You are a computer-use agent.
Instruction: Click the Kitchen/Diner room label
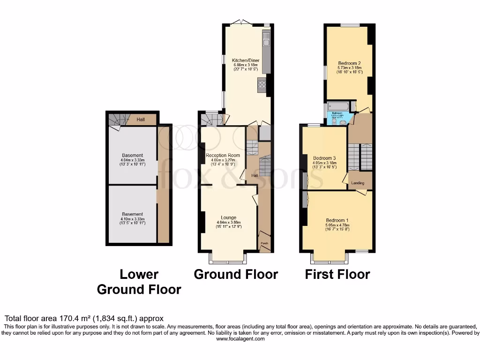coord(246,60)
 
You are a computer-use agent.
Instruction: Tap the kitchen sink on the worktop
coord(266,42)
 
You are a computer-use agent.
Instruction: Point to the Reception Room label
coord(223,155)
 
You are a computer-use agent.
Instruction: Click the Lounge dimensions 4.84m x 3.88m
coord(228,222)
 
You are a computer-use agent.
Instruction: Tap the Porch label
coord(264,243)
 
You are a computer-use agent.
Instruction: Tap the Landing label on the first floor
coord(358,183)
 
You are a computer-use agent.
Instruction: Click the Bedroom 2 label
coord(349,63)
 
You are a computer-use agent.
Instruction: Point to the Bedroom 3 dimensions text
coord(324,163)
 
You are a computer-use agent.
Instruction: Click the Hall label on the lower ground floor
coord(141,120)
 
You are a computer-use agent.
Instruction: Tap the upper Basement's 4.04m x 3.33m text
coord(132,160)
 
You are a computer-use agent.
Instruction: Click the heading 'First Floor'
coord(337,274)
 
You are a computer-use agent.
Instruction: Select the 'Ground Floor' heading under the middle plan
coord(236,274)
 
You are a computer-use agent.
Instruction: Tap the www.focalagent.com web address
coord(240,339)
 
